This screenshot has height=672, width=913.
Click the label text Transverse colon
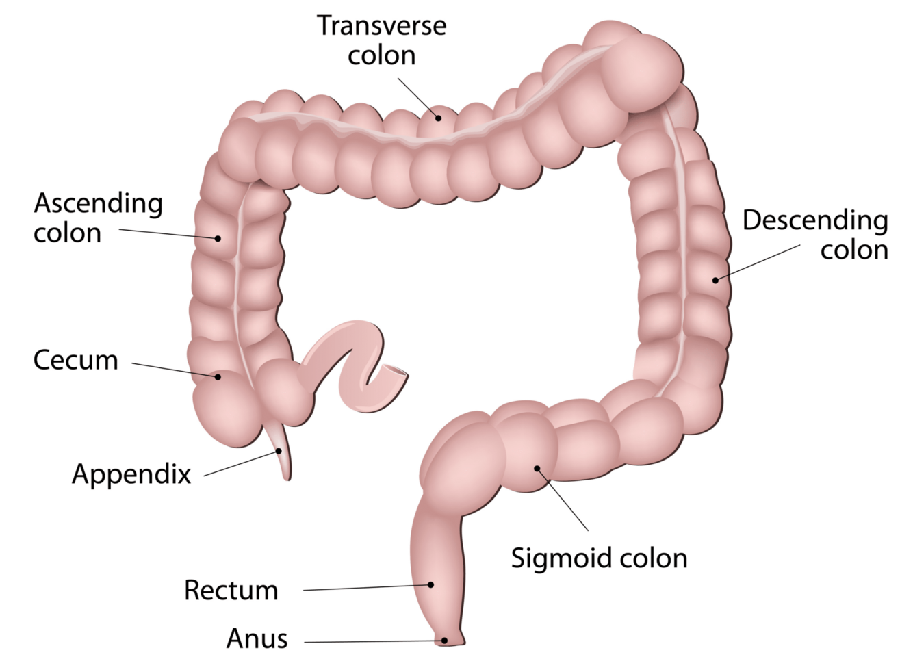click(381, 40)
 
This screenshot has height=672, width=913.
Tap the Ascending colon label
click(98, 218)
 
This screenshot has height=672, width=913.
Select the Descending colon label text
click(816, 235)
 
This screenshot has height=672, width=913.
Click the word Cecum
click(75, 360)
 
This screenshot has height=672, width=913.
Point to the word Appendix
click(131, 474)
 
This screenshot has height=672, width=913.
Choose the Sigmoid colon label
click(599, 558)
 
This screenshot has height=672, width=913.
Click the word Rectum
click(231, 590)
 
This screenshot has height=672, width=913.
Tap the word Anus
click(257, 638)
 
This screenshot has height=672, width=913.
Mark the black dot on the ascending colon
click(218, 238)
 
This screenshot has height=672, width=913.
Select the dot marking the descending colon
click(715, 279)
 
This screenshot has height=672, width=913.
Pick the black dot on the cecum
click(218, 376)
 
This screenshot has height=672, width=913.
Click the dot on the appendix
click(279, 451)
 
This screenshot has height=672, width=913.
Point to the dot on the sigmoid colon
click(537, 469)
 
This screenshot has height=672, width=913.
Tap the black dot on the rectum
click(431, 584)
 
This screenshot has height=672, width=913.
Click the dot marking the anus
click(445, 641)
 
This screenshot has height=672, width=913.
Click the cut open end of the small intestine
click(396, 374)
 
